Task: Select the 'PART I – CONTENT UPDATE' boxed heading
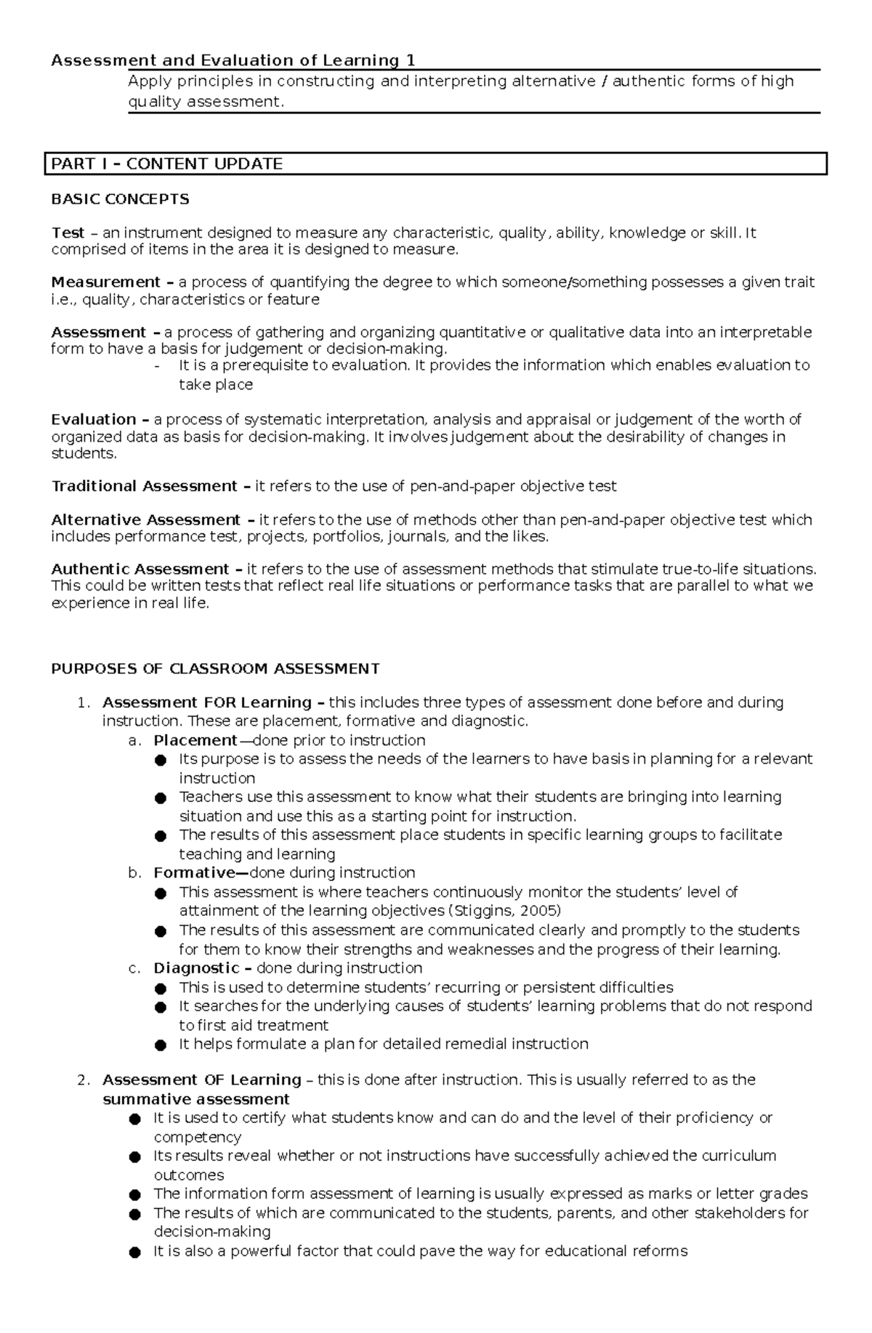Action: [166, 164]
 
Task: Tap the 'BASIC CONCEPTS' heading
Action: [120, 199]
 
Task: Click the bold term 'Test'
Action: [68, 233]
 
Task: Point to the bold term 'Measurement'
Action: [106, 282]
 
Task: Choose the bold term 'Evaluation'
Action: [94, 419]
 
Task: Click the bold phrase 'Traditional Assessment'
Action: [144, 486]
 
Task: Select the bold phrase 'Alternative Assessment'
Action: [145, 520]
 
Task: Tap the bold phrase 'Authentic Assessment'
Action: [140, 569]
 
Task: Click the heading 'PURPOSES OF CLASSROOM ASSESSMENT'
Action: [215, 668]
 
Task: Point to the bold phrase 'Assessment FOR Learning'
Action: [207, 702]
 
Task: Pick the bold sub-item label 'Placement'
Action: [195, 740]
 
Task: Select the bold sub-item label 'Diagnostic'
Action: [196, 968]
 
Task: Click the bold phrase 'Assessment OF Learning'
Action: [202, 1079]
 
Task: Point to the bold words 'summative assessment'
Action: [196, 1099]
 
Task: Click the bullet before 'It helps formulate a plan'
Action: [161, 1045]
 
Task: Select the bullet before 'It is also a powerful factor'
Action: [134, 1252]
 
